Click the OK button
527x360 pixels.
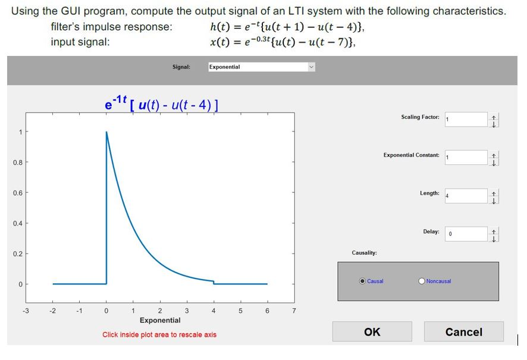coord(372,331)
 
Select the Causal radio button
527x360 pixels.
coord(363,281)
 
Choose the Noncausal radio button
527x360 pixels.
coord(422,281)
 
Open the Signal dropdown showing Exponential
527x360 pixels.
coord(261,67)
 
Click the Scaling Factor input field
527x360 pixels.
coord(466,119)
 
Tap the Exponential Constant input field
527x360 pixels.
coord(466,157)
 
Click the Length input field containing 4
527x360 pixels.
coord(466,196)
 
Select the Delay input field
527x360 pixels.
coord(466,234)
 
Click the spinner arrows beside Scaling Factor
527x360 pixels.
coord(494,120)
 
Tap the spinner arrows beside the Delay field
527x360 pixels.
coord(494,234)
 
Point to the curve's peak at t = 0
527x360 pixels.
coord(106,132)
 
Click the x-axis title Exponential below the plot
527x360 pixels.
coord(160,320)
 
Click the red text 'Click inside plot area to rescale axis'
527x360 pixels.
coord(159,334)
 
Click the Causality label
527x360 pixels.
coord(364,253)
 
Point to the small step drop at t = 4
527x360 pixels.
coord(214,282)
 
